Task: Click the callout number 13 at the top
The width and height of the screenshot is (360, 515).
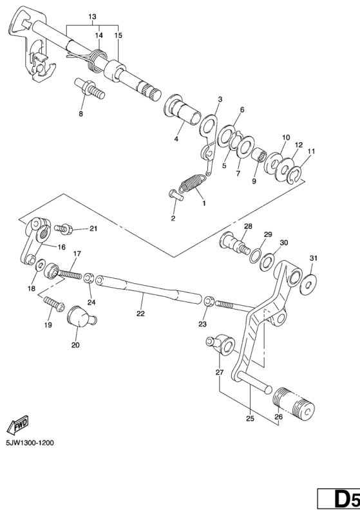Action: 92,15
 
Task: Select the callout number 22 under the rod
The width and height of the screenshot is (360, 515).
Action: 140,314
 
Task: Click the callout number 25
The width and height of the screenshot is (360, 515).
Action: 250,418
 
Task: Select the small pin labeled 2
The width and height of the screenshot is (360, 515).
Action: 175,196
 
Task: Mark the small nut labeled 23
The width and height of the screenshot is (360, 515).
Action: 208,301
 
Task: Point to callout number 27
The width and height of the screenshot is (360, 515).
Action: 219,373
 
